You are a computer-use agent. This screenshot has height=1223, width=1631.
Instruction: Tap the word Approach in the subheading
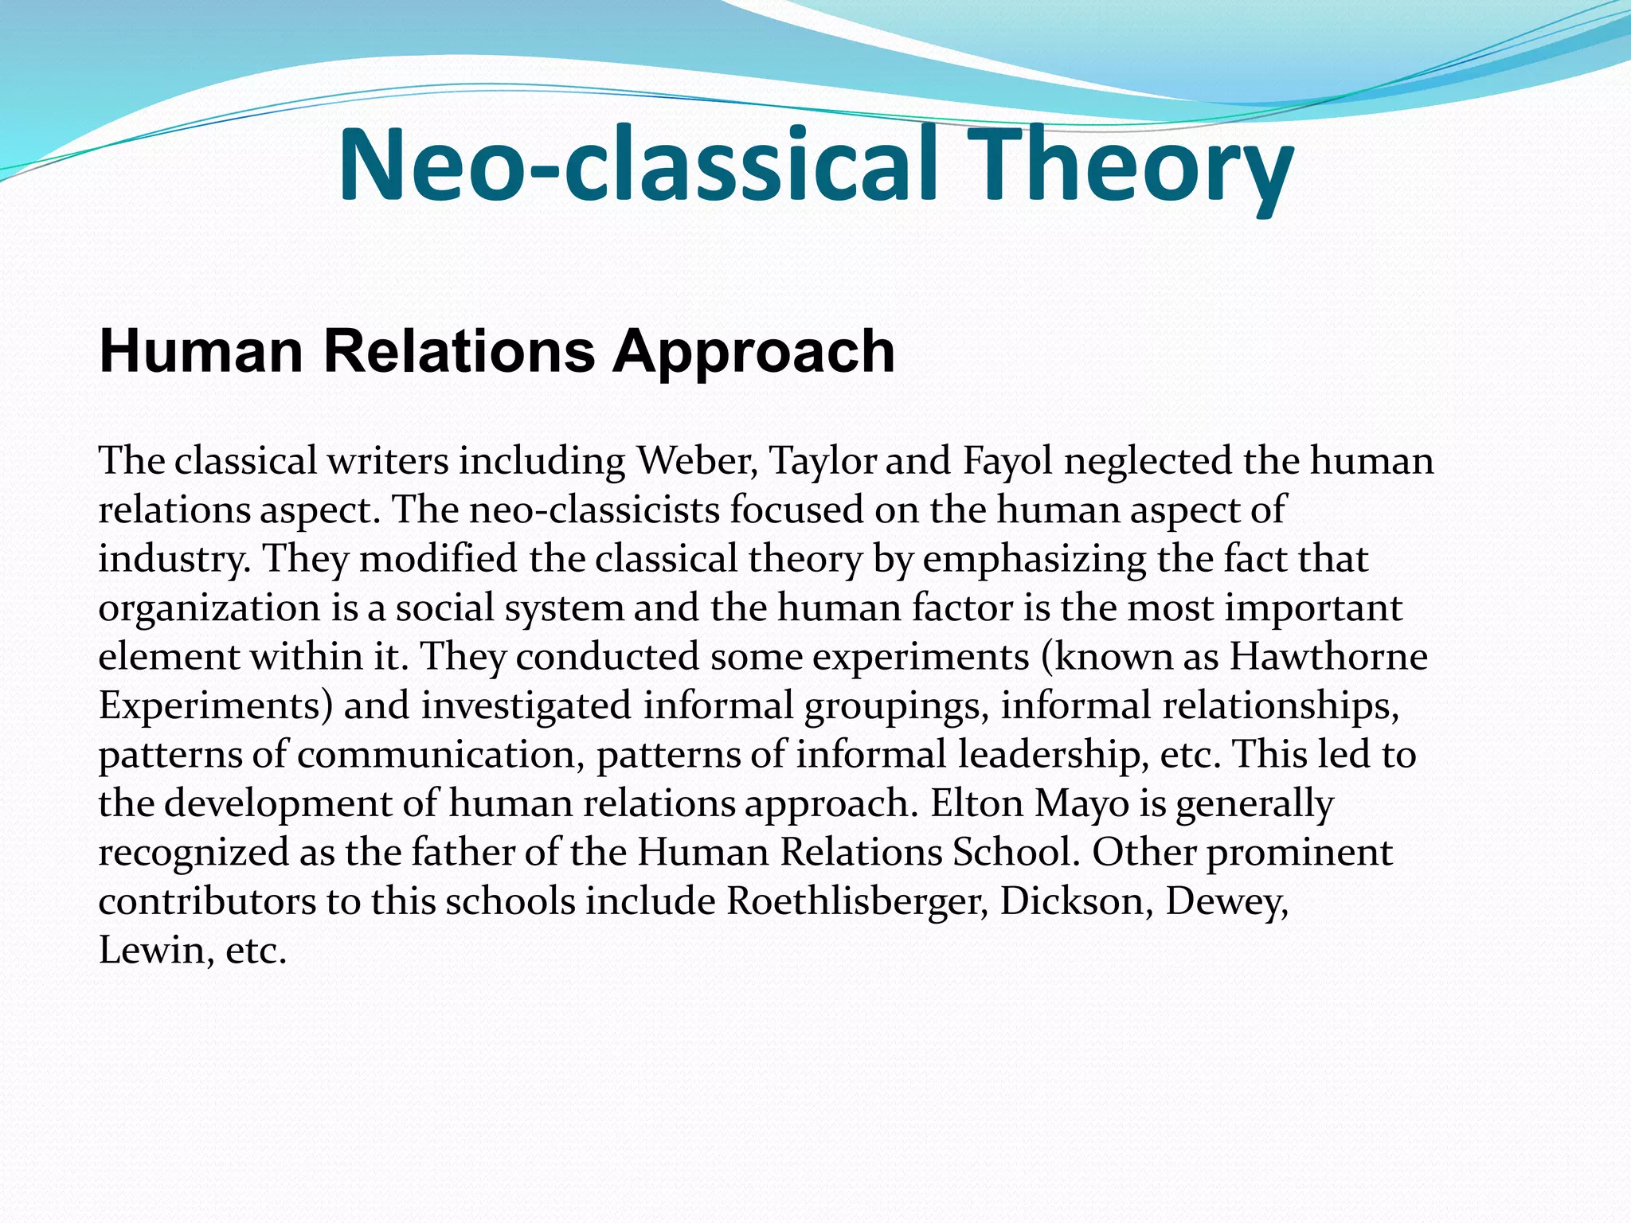click(x=753, y=351)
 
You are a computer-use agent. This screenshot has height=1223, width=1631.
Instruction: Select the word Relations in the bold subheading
click(x=460, y=351)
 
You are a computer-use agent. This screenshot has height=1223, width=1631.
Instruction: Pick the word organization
click(x=209, y=608)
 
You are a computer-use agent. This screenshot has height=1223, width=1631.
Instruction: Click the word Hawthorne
click(x=1328, y=657)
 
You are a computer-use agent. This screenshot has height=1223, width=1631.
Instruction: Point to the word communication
click(x=436, y=755)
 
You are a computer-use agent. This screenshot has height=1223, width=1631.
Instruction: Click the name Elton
click(x=976, y=803)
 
